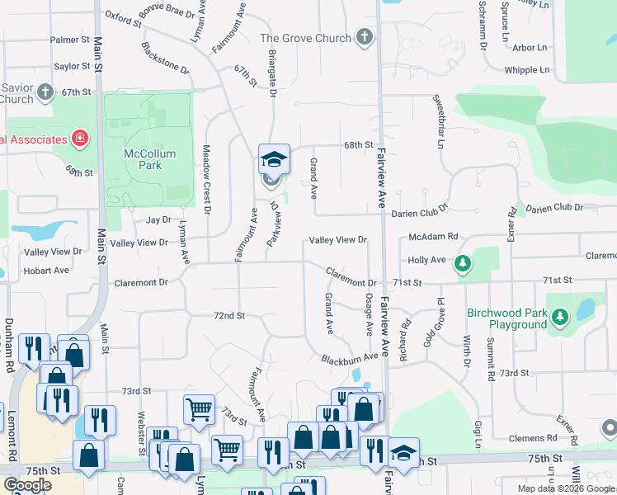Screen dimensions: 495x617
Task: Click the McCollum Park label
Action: [143, 159]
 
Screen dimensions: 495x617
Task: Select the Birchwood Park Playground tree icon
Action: [561, 317]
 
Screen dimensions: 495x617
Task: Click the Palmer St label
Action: [69, 40]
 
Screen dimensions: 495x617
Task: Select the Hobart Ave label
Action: [46, 271]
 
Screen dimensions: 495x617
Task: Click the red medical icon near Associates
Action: [80, 138]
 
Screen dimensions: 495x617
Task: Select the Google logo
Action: [27, 485]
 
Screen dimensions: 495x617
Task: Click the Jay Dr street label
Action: [158, 220]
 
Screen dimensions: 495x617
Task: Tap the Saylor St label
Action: [72, 66]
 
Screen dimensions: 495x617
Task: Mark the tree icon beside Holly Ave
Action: [464, 263]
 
